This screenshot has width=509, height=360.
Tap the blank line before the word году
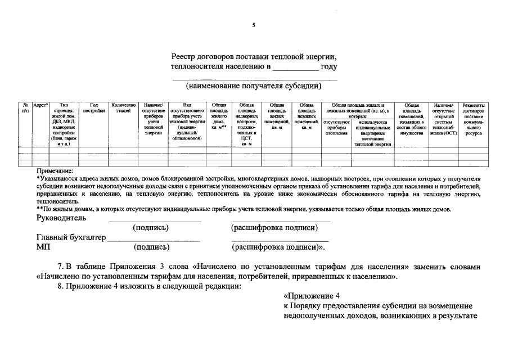point(295,67)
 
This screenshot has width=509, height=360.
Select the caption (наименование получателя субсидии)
point(254,86)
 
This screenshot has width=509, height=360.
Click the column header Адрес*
point(41,105)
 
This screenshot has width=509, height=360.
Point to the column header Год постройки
point(93,108)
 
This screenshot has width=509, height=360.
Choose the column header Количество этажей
point(123,108)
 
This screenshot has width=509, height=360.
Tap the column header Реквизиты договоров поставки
point(473,119)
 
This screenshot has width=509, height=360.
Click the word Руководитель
point(61,218)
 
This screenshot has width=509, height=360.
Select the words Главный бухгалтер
point(71,237)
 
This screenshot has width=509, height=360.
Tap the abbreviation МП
point(43,246)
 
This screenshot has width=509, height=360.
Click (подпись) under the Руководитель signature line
point(151,227)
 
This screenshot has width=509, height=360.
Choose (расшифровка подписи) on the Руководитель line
point(274,227)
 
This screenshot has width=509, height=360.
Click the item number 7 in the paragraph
point(61,266)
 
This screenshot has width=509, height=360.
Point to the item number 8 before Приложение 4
point(61,286)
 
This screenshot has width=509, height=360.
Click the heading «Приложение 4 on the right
point(312,296)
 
